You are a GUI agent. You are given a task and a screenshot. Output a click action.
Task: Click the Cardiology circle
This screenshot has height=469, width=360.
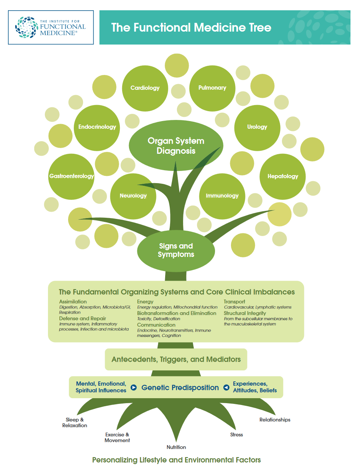click(x=145, y=88)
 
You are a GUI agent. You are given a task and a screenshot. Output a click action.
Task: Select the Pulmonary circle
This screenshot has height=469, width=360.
click(x=212, y=88)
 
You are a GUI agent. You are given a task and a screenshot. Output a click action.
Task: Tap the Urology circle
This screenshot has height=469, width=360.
click(x=257, y=127)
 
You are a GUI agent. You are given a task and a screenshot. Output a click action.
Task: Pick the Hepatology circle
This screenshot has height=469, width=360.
click(x=283, y=176)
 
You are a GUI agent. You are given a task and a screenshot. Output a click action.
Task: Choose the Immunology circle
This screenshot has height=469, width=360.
click(x=222, y=196)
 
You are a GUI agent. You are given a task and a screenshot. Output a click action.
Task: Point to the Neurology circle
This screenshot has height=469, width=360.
click(x=133, y=196)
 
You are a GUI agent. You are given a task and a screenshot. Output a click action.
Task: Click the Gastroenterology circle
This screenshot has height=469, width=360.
click(x=71, y=176)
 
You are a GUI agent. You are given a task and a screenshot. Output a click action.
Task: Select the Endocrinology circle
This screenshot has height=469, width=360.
click(x=97, y=127)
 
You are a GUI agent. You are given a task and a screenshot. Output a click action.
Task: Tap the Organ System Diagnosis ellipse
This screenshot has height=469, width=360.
click(x=176, y=146)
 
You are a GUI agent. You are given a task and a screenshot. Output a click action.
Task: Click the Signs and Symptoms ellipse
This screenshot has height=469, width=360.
click(x=176, y=250)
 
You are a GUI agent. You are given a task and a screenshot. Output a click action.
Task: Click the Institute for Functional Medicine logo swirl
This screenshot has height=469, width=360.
click(x=26, y=27)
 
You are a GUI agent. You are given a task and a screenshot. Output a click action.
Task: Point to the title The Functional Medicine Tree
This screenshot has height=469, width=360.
click(x=191, y=27)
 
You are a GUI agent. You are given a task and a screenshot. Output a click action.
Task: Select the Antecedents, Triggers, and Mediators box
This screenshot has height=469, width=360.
click(x=176, y=359)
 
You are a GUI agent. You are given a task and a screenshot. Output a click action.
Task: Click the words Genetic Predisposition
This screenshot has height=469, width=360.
click(x=180, y=388)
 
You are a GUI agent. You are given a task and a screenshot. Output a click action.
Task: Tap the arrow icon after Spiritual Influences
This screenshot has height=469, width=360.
click(x=134, y=388)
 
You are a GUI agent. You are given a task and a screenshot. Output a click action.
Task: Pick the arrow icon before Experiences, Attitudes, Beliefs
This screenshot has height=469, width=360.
click(x=226, y=388)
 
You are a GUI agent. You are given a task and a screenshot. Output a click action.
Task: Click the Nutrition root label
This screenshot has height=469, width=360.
click(x=176, y=447)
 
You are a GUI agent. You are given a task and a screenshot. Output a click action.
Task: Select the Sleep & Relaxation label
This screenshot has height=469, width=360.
click(x=75, y=423)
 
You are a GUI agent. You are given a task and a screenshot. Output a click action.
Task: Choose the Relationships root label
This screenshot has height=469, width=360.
click(x=275, y=420)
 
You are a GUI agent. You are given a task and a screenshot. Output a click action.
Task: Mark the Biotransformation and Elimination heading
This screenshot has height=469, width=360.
click(x=177, y=313)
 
